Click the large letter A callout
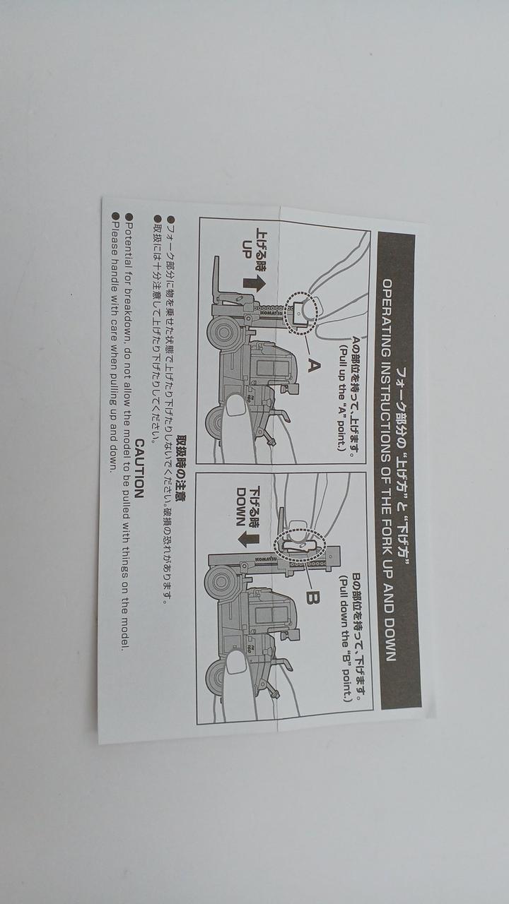[x=315, y=366]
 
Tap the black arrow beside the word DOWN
[x=249, y=539]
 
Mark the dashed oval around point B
[x=299, y=546]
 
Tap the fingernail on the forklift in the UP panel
[x=236, y=406]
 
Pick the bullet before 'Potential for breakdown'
[x=129, y=217]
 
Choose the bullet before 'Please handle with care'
[x=115, y=215]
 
